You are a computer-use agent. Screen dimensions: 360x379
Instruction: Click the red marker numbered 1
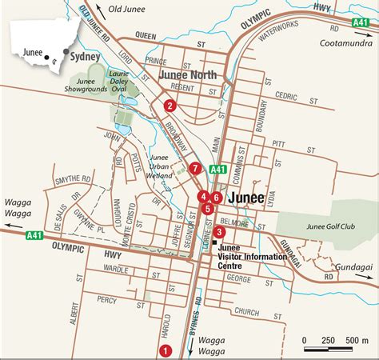click(x=166, y=349)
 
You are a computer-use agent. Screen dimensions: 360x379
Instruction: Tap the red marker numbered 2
click(x=170, y=105)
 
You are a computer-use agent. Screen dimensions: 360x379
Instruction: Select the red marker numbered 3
click(x=220, y=232)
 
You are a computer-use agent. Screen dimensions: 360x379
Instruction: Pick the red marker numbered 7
click(x=194, y=168)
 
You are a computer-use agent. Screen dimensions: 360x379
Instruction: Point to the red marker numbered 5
click(x=208, y=209)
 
